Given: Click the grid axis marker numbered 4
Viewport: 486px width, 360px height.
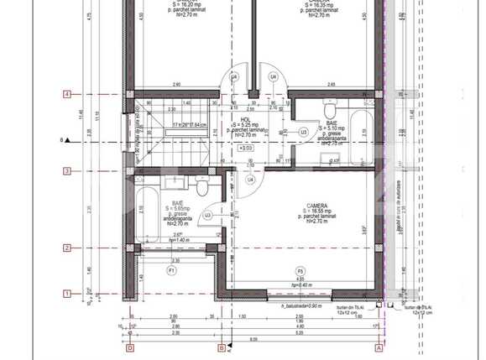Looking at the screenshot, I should [67, 94].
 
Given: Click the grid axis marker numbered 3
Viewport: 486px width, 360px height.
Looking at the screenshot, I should [67, 172].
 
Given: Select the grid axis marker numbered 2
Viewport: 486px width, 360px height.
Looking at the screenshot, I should [67, 248].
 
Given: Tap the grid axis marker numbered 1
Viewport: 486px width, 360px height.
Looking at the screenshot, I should [67, 293].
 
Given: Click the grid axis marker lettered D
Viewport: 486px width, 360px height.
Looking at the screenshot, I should [130, 347].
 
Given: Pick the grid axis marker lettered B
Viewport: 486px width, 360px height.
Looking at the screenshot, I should [222, 347].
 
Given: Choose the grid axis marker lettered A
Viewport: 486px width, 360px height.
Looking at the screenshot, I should [379, 347].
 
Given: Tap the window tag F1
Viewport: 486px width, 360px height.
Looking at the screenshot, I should [171, 272].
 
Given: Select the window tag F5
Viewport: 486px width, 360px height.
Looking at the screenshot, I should [300, 271].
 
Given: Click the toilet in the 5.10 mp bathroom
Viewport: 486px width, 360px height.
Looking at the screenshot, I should [331, 111].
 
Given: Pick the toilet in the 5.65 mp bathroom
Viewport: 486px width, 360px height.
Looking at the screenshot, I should [199, 182].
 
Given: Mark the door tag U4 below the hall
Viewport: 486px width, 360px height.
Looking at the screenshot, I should [250, 180].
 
